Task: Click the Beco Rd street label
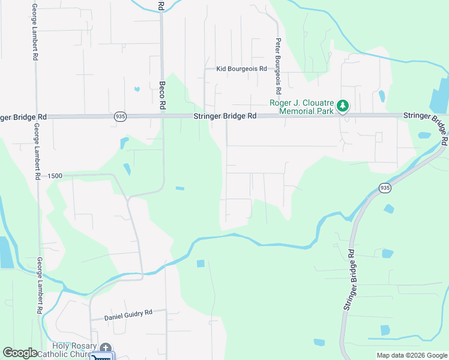click(x=163, y=95)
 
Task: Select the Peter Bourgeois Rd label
click(x=278, y=67)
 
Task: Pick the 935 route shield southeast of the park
click(x=385, y=188)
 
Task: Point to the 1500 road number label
click(x=55, y=176)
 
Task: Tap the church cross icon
click(x=106, y=348)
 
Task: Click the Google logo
click(x=20, y=353)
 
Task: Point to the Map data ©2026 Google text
click(x=412, y=355)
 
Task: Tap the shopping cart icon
click(x=103, y=358)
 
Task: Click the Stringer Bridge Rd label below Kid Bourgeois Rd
click(x=225, y=116)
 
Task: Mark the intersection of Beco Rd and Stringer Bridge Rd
click(x=163, y=116)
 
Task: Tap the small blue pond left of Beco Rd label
click(x=137, y=89)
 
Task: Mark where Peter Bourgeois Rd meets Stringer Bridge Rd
click(x=278, y=116)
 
